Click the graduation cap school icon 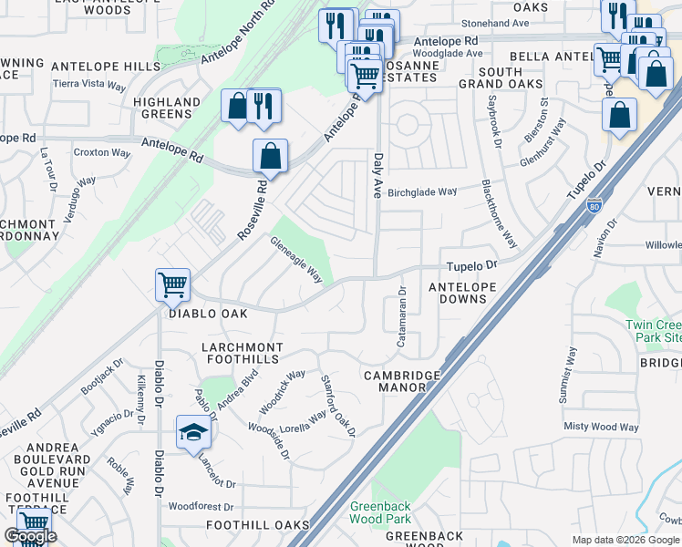tap(193, 433)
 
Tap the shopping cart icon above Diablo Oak tap(171, 284)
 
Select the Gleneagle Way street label tap(296, 259)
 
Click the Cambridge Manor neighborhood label tap(402, 381)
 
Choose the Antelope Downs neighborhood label tap(462, 294)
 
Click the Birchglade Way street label tap(422, 192)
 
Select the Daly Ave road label tap(377, 174)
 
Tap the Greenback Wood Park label tap(381, 512)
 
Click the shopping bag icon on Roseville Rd tap(270, 157)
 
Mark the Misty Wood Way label tap(601, 427)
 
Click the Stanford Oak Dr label tap(337, 404)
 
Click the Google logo tap(31, 536)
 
